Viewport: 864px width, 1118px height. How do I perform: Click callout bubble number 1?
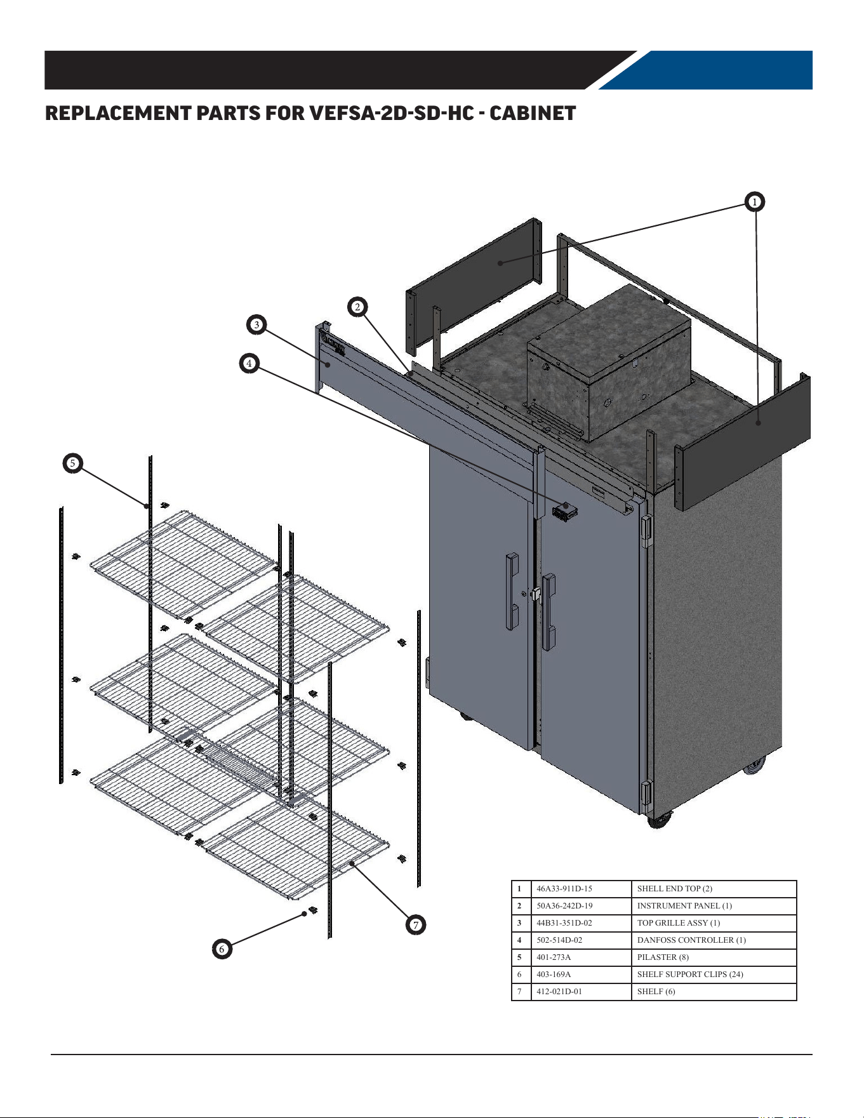point(754,202)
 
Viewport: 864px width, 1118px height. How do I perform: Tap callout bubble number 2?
point(357,307)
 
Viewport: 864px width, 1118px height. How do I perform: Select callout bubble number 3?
point(256,324)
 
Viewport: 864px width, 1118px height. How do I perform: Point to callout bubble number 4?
point(249,363)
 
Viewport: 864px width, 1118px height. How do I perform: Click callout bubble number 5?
point(73,463)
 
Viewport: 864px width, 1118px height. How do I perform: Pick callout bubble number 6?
point(222,949)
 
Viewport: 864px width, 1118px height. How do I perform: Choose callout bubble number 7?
point(416,925)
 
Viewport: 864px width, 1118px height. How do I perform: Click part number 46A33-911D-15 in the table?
point(564,889)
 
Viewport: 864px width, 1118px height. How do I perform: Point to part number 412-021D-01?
point(559,992)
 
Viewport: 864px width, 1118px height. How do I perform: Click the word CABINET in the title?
point(533,113)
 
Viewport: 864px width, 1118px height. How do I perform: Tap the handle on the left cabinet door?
point(512,591)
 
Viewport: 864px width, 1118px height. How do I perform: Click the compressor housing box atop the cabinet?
point(608,363)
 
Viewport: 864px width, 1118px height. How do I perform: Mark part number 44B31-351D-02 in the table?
point(564,923)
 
